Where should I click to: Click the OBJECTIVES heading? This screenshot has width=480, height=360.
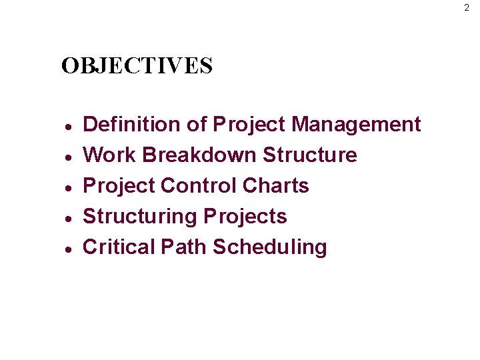(x=137, y=66)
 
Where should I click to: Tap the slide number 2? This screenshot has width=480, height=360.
(x=467, y=8)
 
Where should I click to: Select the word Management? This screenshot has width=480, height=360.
(x=356, y=124)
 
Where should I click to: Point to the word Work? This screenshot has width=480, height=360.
(x=109, y=155)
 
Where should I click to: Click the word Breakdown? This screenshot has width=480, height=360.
(x=199, y=155)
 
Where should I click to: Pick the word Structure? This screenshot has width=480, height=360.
(x=310, y=155)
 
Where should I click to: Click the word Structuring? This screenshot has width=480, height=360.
(x=140, y=216)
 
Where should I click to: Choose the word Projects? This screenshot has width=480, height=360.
(x=245, y=216)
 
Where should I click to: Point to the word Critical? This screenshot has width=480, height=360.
(x=119, y=247)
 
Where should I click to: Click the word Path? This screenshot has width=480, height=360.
(x=184, y=247)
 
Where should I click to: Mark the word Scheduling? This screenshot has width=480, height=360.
(x=270, y=247)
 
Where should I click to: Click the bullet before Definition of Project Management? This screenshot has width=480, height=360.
(x=68, y=125)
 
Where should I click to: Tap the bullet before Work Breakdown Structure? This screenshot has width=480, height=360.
(x=68, y=156)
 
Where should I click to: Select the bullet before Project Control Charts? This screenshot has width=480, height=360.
(x=68, y=187)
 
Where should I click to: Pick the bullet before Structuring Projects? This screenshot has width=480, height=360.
(x=68, y=217)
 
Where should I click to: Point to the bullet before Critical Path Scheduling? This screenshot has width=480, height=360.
(x=68, y=248)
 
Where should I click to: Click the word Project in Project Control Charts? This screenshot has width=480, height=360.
(x=119, y=185)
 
